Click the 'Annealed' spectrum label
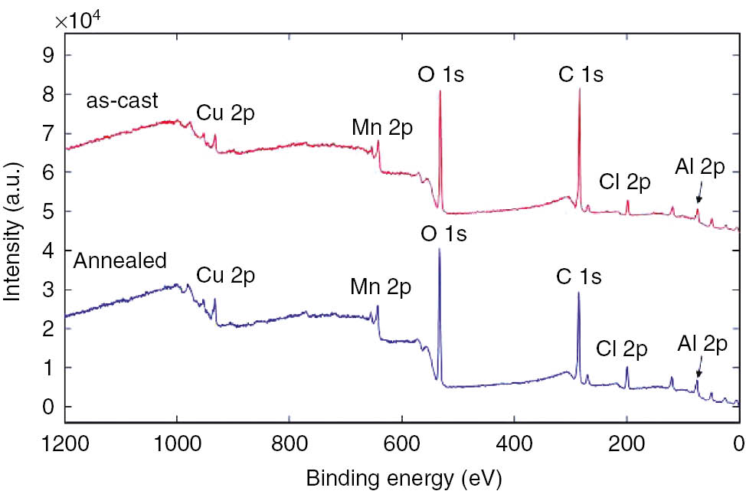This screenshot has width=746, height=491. [119, 260]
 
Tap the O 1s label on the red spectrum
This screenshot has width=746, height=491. [440, 75]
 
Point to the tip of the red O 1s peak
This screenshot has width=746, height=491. [440, 92]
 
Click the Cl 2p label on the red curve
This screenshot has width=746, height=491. [625, 183]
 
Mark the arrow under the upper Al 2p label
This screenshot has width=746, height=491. [698, 198]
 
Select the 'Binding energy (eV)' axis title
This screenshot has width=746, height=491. [404, 478]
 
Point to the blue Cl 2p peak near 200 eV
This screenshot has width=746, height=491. [627, 368]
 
